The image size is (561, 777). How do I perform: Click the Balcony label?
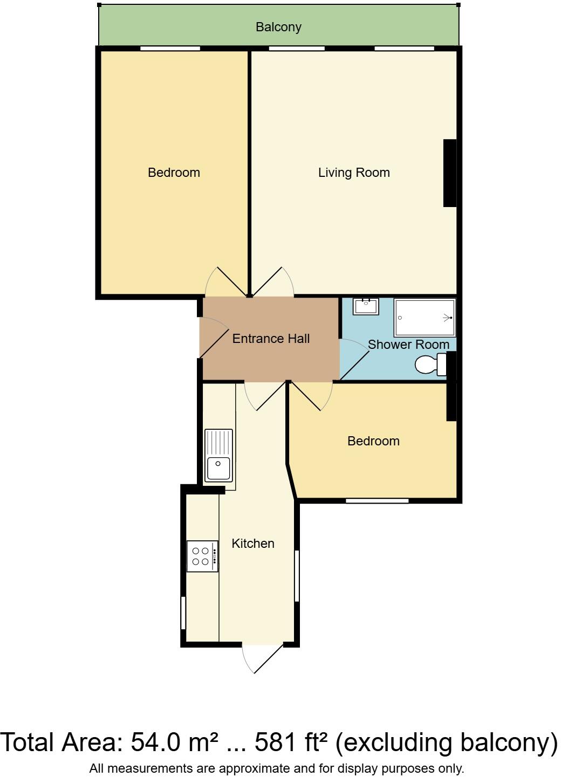tap(278, 27)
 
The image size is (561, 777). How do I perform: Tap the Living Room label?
tap(353, 173)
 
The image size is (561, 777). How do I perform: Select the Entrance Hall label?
tap(271, 339)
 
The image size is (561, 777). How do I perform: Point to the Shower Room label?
tap(408, 345)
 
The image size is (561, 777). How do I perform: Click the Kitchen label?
tap(253, 544)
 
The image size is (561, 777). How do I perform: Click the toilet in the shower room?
tap(430, 365)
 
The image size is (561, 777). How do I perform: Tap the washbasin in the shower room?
tap(366, 306)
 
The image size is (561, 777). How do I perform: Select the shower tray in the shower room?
tap(425, 318)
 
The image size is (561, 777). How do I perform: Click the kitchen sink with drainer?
tap(218, 456)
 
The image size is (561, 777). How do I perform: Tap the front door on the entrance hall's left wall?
tap(212, 338)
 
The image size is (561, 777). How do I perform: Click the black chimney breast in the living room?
tap(449, 173)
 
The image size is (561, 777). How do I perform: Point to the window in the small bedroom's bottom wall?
tap(377, 501)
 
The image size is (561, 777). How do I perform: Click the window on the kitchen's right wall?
tap(296, 575)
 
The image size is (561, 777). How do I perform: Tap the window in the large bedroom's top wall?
tap(170, 49)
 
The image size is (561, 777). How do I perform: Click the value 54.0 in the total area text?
tap(155, 742)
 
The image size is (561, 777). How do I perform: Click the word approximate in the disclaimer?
tap(248, 768)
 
